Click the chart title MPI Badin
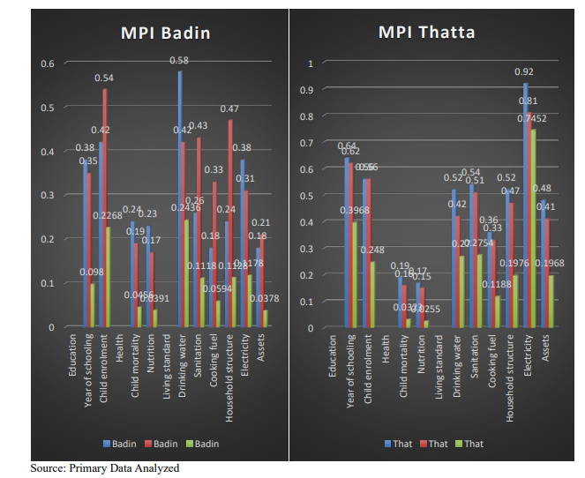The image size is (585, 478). coord(166,34)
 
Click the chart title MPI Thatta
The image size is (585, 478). coord(426,33)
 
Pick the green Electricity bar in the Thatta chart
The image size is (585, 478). coord(534,228)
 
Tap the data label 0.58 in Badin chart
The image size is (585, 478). coord(180,60)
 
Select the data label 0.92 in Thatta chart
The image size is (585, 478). coord(525,71)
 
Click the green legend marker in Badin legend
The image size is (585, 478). coord(191,443)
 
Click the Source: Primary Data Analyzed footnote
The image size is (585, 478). coord(104,468)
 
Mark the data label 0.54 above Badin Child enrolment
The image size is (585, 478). coord(104,78)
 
